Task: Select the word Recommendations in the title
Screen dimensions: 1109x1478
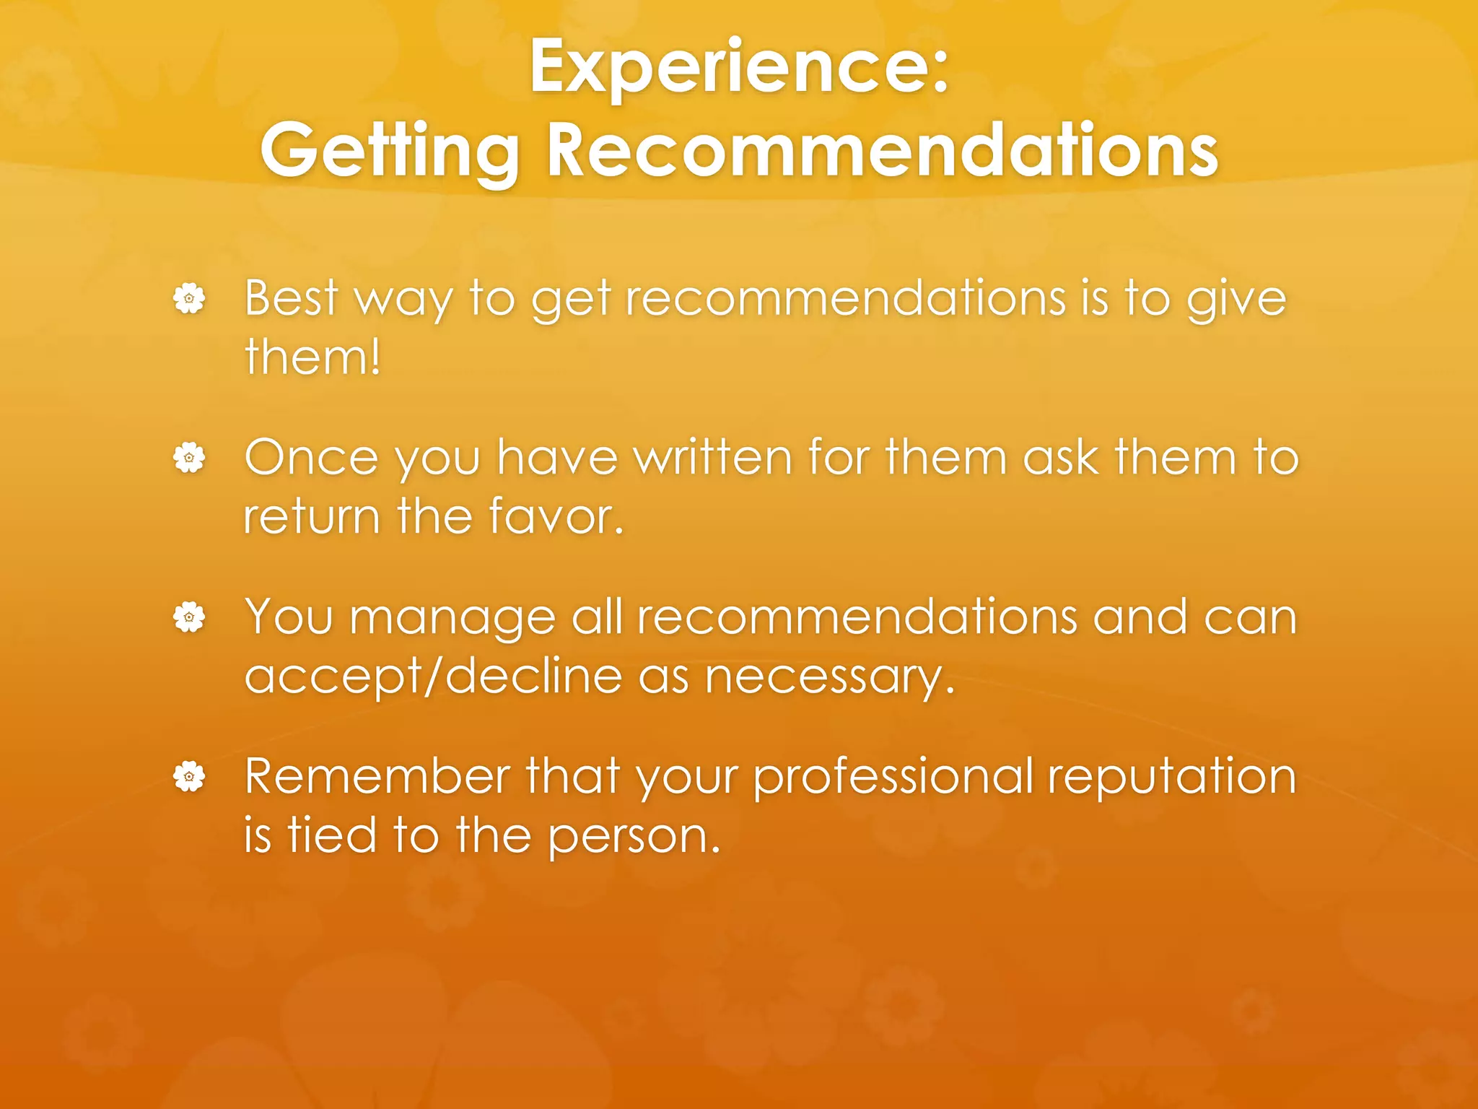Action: click(x=882, y=149)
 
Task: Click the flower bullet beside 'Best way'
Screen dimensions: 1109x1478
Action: click(x=189, y=298)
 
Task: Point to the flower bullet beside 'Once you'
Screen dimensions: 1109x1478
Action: click(x=189, y=458)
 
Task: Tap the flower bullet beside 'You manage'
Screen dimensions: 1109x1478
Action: click(x=189, y=617)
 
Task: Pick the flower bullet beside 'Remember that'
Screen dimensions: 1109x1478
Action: click(x=189, y=777)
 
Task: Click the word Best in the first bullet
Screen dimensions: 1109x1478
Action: click(x=291, y=297)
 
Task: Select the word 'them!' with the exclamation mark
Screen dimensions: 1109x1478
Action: click(x=312, y=357)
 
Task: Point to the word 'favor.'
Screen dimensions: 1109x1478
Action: click(x=556, y=517)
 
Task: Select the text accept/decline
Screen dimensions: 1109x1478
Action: click(x=433, y=677)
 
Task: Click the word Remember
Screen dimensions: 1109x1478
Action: click(x=377, y=777)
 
